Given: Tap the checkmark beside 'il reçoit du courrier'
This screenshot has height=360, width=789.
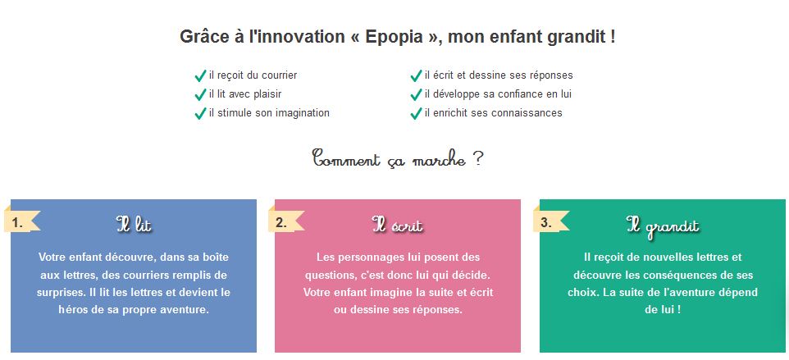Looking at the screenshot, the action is (200, 76).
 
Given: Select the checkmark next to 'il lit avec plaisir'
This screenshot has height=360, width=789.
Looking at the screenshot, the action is (200, 94).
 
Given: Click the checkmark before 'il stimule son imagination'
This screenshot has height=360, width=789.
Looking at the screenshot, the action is (200, 114).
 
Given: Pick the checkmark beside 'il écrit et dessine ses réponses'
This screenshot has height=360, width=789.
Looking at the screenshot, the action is (416, 76).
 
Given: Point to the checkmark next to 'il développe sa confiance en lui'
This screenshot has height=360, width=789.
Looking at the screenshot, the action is (416, 94).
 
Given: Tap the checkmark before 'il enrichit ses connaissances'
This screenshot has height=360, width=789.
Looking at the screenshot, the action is (416, 114).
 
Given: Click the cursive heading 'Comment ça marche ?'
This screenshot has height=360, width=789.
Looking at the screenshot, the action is (398, 159).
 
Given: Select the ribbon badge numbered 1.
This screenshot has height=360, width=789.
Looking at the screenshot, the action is (21, 223).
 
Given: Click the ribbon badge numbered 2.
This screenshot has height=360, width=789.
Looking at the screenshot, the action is (285, 223).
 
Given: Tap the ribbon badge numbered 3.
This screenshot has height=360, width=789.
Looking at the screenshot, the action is (550, 223).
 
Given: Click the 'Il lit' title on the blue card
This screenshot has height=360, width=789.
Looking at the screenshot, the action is (134, 224).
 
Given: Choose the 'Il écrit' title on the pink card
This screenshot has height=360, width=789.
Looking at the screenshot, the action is (398, 225).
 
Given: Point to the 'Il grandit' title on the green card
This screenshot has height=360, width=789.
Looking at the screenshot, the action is (663, 226).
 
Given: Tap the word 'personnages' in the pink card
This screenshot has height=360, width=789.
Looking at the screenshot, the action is (372, 257).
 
